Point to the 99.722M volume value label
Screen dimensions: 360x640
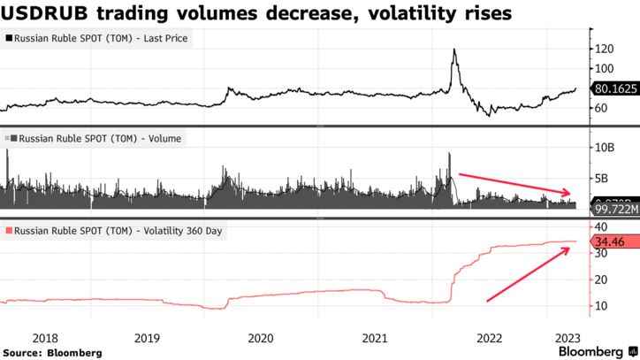[610, 209]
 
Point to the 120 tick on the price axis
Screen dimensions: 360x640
[603, 49]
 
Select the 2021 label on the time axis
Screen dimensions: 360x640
[375, 337]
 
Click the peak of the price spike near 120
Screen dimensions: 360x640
[453, 50]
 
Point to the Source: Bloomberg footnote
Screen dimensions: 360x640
[52, 352]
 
